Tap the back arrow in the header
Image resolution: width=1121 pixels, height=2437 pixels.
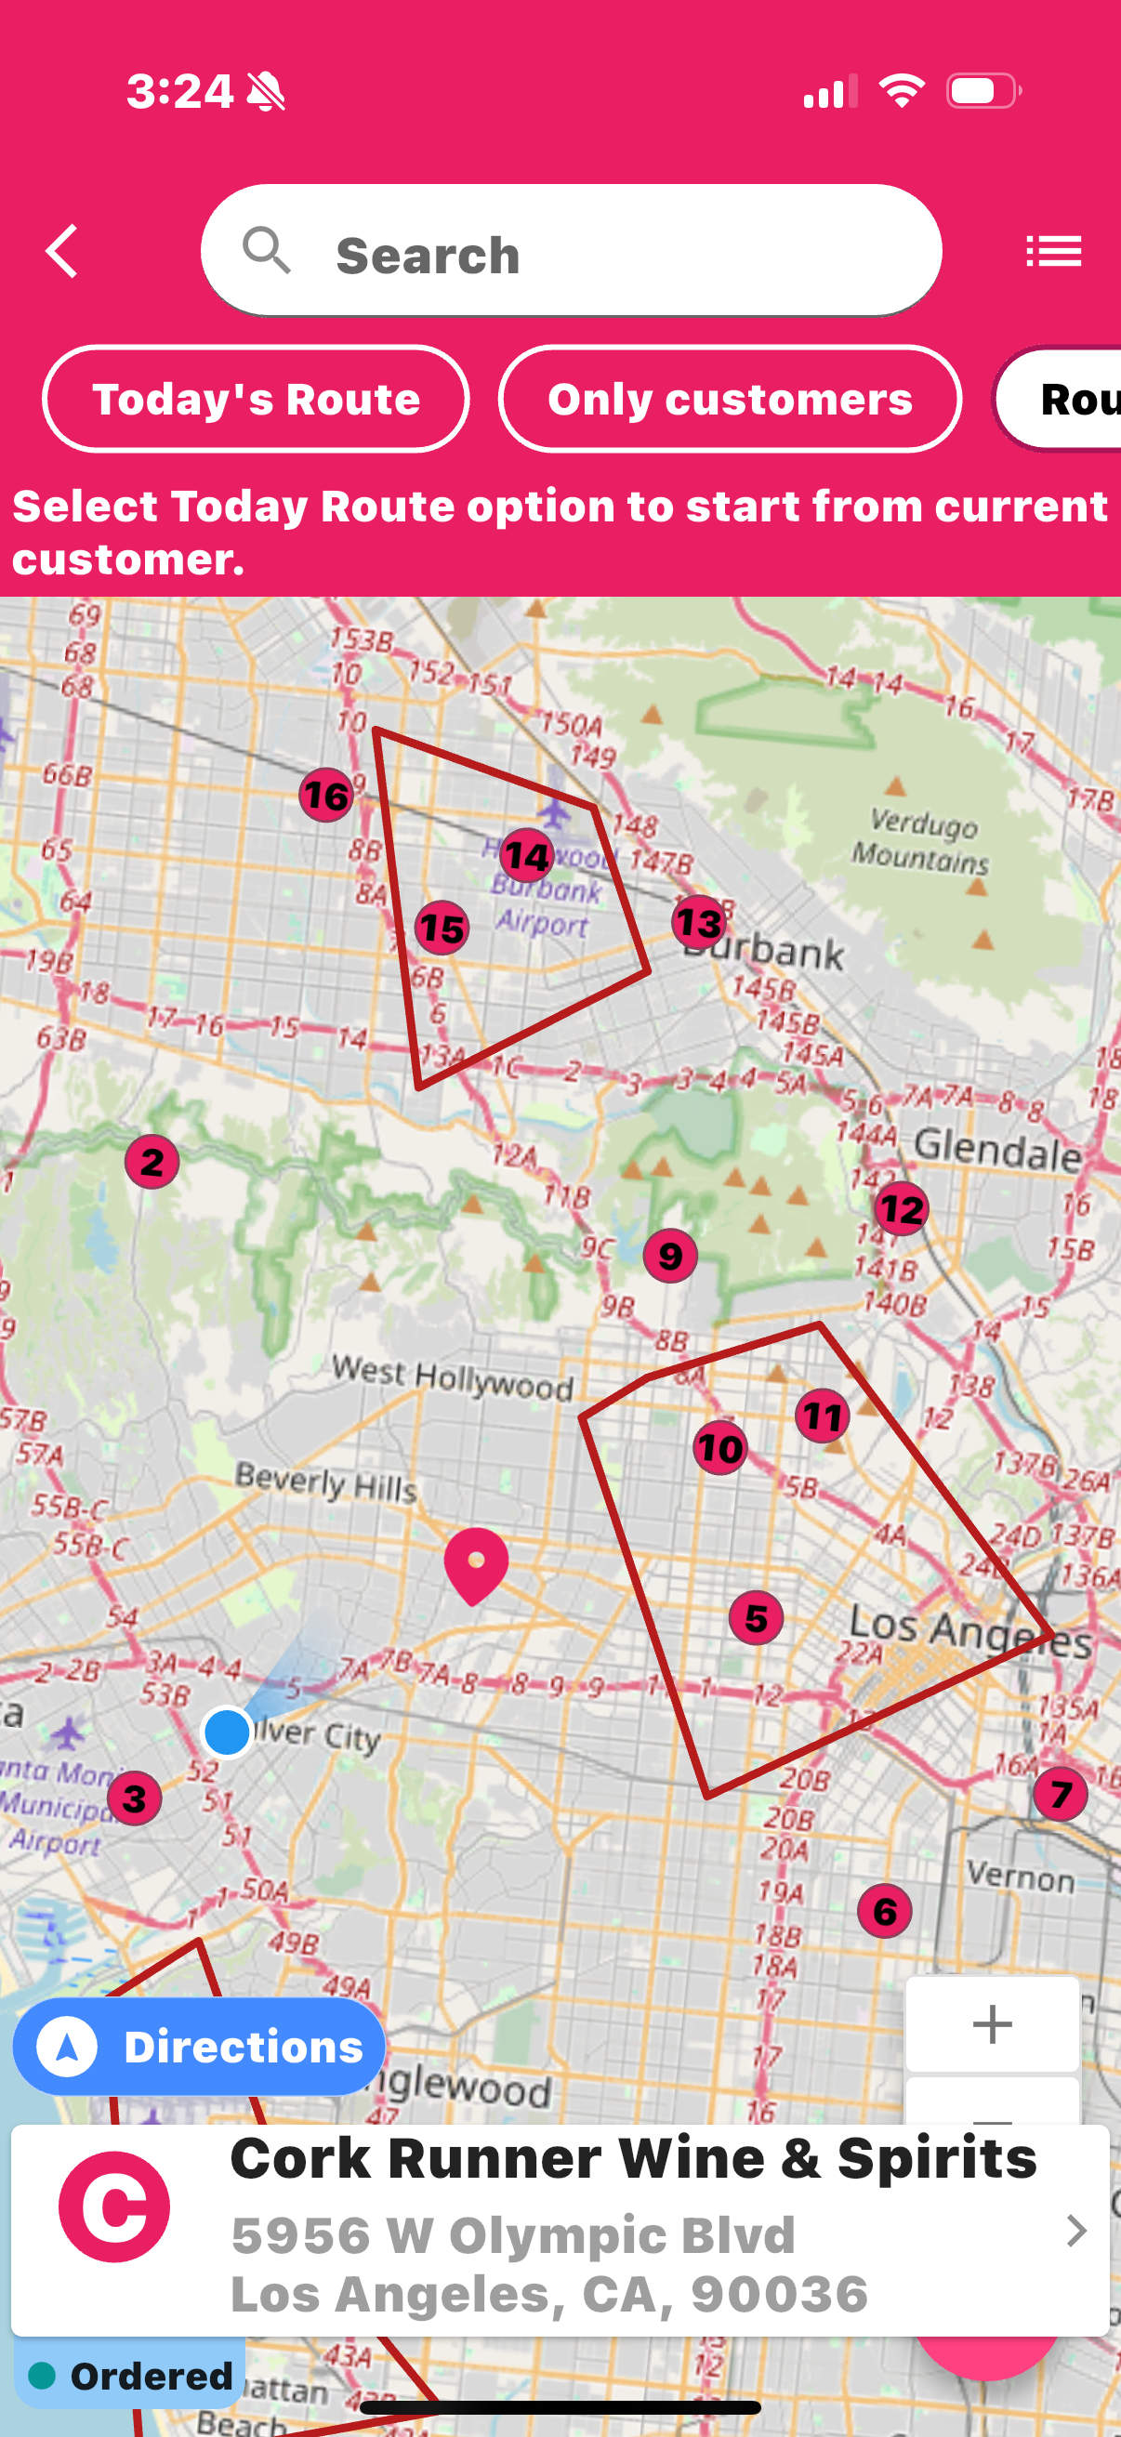pos(62,252)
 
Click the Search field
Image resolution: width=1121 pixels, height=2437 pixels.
pos(571,252)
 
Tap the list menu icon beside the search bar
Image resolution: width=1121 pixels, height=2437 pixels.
pos(1053,252)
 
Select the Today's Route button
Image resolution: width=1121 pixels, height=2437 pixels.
pos(256,400)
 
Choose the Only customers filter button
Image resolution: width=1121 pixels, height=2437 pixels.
pos(730,400)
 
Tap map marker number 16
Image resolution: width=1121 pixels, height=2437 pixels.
pos(326,795)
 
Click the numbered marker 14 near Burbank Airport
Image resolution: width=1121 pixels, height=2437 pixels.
pos(527,856)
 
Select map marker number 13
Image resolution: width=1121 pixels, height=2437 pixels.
pos(699,922)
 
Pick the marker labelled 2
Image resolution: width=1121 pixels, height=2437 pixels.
pos(152,1162)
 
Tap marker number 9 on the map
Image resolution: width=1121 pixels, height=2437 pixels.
pos(670,1257)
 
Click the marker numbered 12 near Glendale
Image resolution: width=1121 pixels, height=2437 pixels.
pos(901,1209)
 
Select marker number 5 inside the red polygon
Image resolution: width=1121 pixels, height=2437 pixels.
pos(756,1618)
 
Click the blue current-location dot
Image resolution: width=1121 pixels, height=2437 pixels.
pos(227,1732)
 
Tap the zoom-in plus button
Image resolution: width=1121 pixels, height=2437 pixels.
pos(993,2024)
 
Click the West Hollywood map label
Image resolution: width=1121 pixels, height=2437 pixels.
pos(452,1377)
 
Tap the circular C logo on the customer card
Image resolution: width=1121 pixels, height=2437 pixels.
pos(114,2207)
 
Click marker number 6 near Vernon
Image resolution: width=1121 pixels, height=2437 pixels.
pos(885,1911)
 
